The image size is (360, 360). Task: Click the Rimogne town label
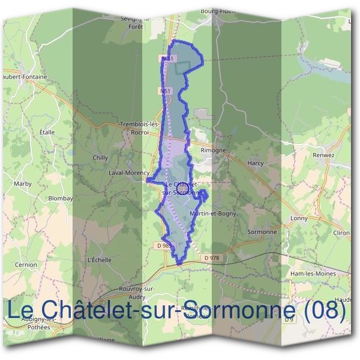tap(213, 150)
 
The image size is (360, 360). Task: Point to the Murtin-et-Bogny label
tap(213, 213)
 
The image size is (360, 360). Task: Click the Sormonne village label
tap(262, 231)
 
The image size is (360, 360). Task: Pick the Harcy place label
tap(256, 163)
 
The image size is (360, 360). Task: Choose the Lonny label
tap(298, 218)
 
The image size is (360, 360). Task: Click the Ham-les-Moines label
tap(312, 273)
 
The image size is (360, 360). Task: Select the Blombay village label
tap(60, 198)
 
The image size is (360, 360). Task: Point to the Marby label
tap(23, 183)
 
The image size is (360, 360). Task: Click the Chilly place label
tap(100, 157)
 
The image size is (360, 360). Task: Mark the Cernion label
tap(27, 265)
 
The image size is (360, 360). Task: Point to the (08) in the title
tap(325, 310)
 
